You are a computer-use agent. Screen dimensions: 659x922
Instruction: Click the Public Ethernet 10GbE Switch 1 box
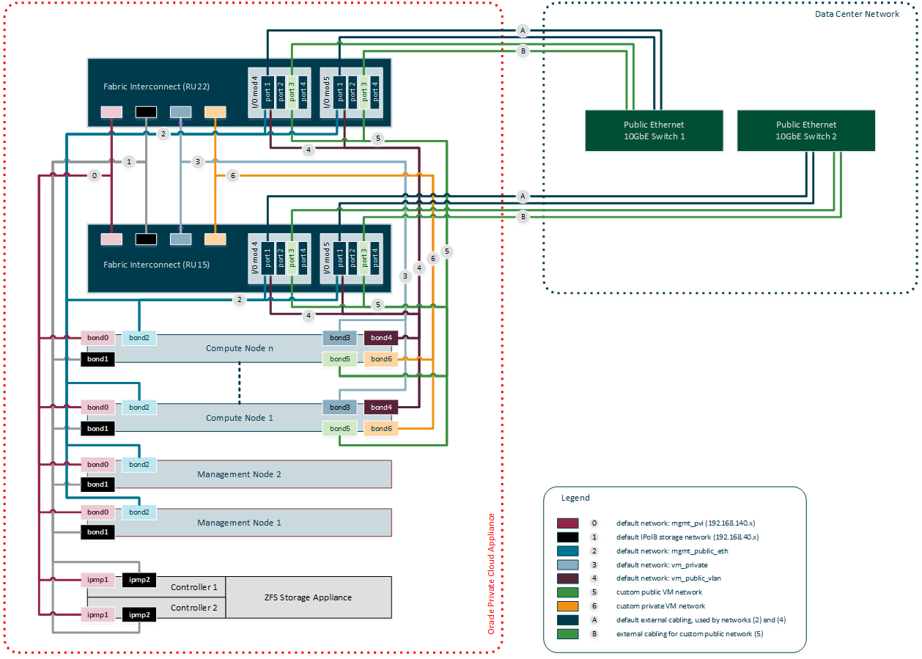coord(654,130)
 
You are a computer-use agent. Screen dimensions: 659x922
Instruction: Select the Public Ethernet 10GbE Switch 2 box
coord(805,130)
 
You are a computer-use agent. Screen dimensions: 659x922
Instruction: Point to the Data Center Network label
coord(857,14)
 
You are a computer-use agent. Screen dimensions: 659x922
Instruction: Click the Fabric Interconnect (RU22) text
coord(156,86)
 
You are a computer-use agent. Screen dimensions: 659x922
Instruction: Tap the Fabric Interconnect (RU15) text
coord(156,265)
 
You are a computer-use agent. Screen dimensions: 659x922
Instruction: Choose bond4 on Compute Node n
coord(381,338)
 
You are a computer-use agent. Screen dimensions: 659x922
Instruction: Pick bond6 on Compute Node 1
coord(381,428)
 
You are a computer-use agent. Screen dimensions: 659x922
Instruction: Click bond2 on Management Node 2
coord(139,464)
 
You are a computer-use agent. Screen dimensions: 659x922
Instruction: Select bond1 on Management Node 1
coord(97,531)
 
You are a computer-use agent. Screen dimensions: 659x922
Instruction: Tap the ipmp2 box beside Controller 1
coord(139,580)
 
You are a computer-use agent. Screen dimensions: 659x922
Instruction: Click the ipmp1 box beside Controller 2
coord(97,614)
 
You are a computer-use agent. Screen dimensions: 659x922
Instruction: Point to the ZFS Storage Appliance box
coord(308,597)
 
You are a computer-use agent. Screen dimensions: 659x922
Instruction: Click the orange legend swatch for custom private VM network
coord(568,606)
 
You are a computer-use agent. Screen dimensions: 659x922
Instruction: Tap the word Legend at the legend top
coord(575,498)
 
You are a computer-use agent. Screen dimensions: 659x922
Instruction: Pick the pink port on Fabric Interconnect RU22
coord(111,112)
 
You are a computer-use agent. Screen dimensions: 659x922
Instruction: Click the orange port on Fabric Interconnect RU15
coord(215,239)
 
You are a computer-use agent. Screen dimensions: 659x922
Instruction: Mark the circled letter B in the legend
coord(594,633)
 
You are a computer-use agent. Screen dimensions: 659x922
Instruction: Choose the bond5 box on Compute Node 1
coord(339,428)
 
